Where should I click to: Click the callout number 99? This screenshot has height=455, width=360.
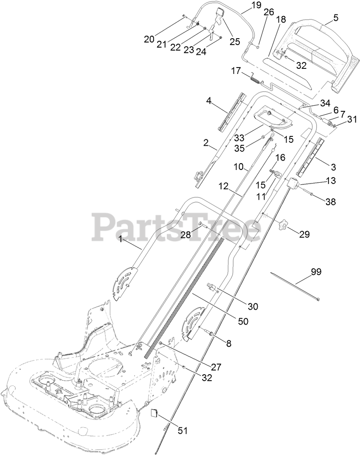316,272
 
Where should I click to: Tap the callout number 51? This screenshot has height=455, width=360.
182,431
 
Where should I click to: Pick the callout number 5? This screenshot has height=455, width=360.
336,18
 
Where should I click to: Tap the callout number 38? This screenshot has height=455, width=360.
330,202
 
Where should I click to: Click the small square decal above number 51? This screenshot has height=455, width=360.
155,413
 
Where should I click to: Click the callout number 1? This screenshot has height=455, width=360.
121,240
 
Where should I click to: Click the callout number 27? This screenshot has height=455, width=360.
217,367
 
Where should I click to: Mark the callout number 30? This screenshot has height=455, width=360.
253,306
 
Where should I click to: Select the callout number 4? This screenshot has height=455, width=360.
208,101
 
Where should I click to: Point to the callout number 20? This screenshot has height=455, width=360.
149,39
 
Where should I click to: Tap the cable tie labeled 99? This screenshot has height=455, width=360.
293,287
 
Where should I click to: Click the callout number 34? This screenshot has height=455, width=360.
325,103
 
